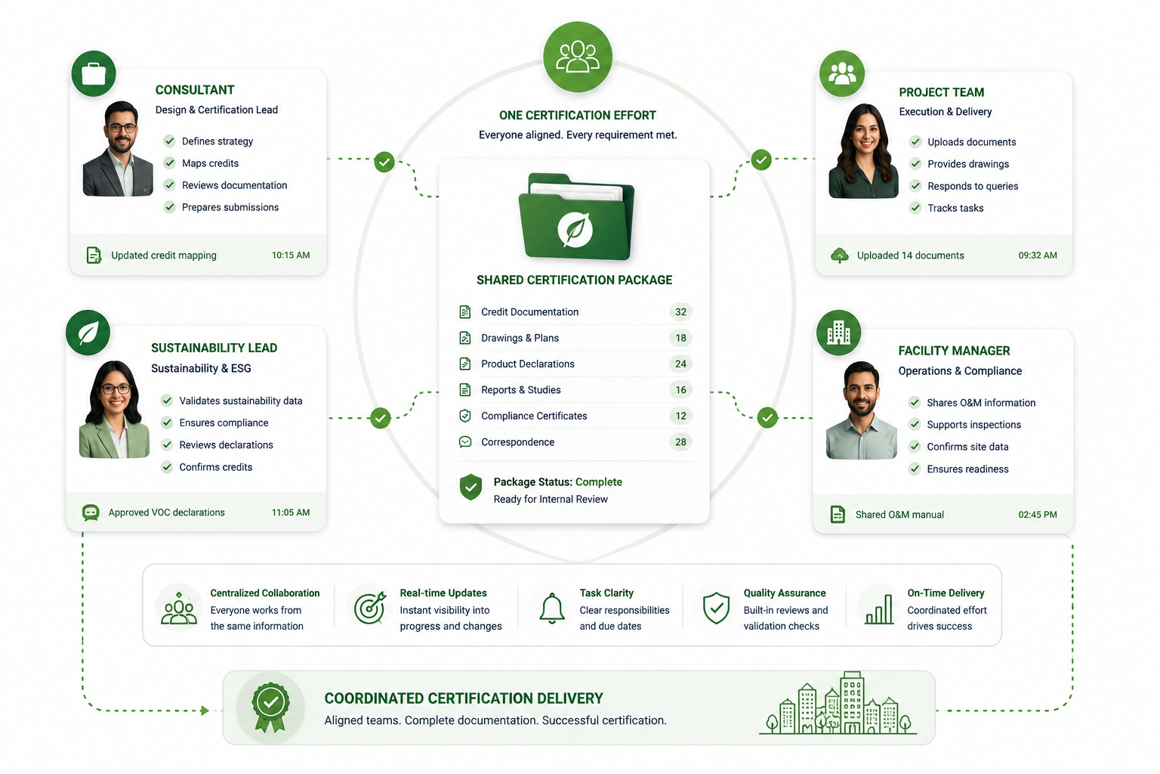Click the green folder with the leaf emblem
pos(576,217)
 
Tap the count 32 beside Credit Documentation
pos(680,311)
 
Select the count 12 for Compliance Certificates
pos(680,416)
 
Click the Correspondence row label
pos(518,441)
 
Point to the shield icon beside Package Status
pos(470,487)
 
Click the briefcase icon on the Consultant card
pos(94,73)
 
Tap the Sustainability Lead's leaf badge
pos(88,333)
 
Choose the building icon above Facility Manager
pos(838,333)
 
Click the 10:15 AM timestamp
pos(291,255)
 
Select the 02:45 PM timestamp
pos(1038,514)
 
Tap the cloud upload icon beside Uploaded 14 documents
pos(840,255)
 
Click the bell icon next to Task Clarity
pos(552,608)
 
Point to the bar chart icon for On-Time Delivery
pos(879,609)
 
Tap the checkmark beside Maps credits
pos(169,163)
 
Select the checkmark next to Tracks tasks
pos(915,208)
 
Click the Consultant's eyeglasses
pos(122,128)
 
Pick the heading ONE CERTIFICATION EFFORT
pos(578,115)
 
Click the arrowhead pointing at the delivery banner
pos(205,711)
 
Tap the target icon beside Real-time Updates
pos(370,608)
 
